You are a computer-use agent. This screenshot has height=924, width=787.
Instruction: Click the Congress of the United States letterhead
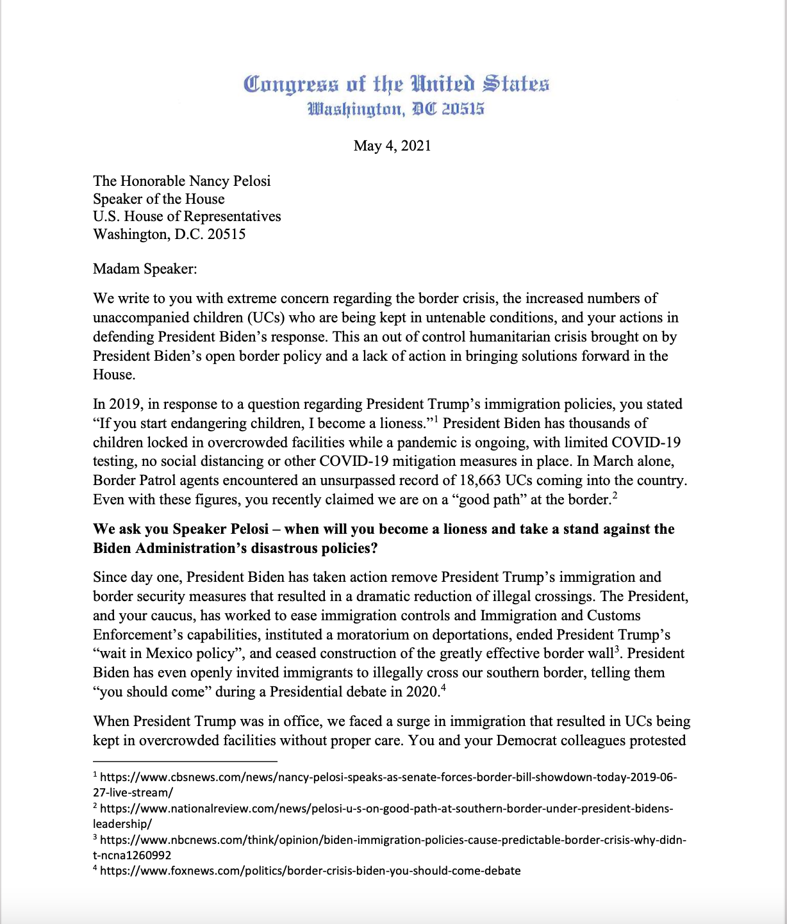coord(396,85)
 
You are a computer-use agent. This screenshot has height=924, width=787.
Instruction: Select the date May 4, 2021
coord(392,145)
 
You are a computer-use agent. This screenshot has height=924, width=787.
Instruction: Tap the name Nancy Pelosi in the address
coord(230,181)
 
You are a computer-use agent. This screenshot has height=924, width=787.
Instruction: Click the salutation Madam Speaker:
coord(145,268)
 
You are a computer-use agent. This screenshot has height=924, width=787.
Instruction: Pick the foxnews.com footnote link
coord(310,871)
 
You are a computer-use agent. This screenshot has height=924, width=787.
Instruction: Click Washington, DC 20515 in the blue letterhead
coord(396,110)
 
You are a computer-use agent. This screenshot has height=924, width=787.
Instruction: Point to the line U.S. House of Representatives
coord(187,216)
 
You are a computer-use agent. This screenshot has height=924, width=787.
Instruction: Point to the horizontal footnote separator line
coord(185,761)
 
